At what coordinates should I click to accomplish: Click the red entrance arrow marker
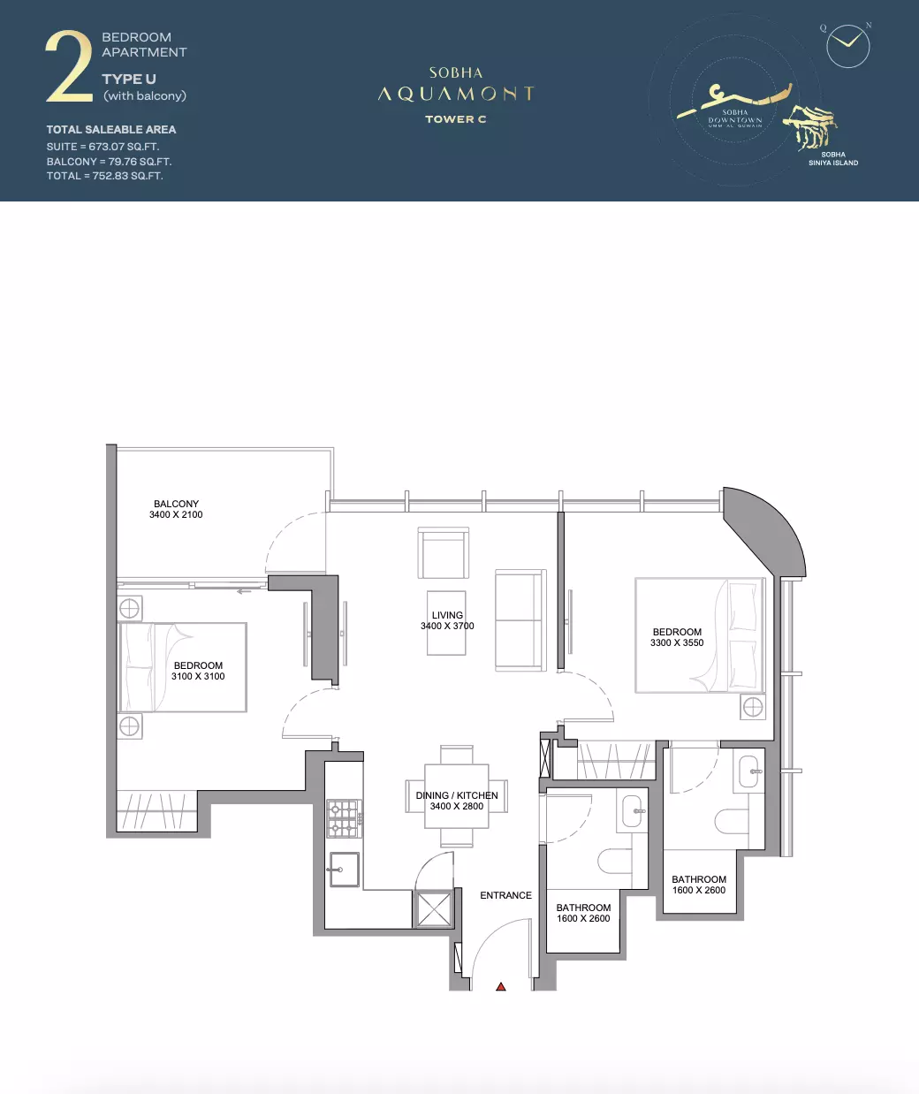[501, 986]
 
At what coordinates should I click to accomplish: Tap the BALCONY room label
[176, 504]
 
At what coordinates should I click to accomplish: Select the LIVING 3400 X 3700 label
[447, 620]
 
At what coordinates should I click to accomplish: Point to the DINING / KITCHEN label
[457, 795]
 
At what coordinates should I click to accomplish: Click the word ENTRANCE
[506, 895]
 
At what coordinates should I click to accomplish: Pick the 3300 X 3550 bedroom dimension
[677, 643]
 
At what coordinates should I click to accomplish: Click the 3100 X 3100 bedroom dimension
[198, 676]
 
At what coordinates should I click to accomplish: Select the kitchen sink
[345, 870]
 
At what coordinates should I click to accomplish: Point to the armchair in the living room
[444, 553]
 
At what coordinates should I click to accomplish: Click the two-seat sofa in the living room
[520, 620]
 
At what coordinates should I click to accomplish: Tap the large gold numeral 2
[69, 66]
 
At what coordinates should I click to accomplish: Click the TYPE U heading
[129, 80]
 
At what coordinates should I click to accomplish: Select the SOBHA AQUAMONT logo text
[456, 84]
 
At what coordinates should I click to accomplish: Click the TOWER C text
[456, 119]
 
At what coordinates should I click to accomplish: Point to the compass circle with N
[848, 46]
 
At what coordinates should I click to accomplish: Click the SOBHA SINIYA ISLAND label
[833, 159]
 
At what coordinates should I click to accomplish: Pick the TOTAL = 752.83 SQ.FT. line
[105, 176]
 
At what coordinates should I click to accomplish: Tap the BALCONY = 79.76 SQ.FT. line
[109, 162]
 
